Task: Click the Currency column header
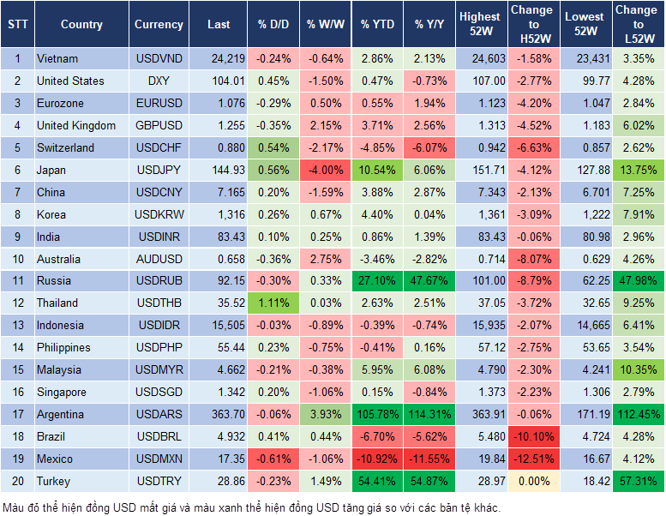[x=159, y=25]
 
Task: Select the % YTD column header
[x=377, y=25]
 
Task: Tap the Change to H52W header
[x=531, y=25]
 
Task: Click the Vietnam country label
[x=57, y=59]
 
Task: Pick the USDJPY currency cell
[x=159, y=170]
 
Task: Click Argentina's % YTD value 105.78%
[x=377, y=414]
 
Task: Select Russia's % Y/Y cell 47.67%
[x=429, y=280]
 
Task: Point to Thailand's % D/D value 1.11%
[x=273, y=303]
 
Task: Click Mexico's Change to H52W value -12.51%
[x=531, y=459]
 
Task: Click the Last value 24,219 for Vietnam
[x=219, y=59]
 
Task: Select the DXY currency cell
[x=159, y=81]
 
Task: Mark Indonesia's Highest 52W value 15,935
[x=480, y=325]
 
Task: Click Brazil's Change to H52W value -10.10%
[x=531, y=436]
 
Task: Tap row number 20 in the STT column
[x=17, y=481]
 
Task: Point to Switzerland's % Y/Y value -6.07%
[x=429, y=147]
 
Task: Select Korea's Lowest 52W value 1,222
[x=585, y=214]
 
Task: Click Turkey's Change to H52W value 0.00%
[x=531, y=481]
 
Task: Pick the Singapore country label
[x=62, y=392]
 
